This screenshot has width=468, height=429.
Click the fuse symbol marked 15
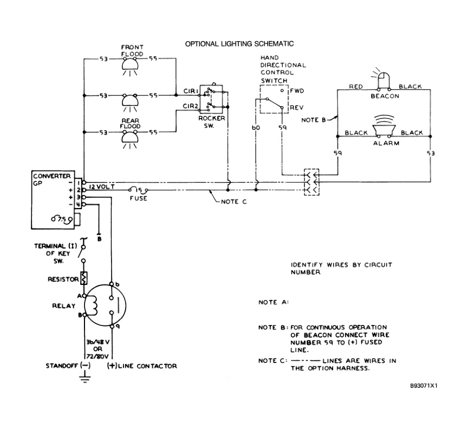[138, 191]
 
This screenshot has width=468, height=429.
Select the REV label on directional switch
[296, 108]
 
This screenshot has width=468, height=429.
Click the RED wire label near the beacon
[355, 87]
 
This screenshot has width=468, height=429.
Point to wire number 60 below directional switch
[256, 128]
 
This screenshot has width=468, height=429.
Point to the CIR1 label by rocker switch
[190, 93]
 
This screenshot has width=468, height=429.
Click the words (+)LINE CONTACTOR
[144, 366]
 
